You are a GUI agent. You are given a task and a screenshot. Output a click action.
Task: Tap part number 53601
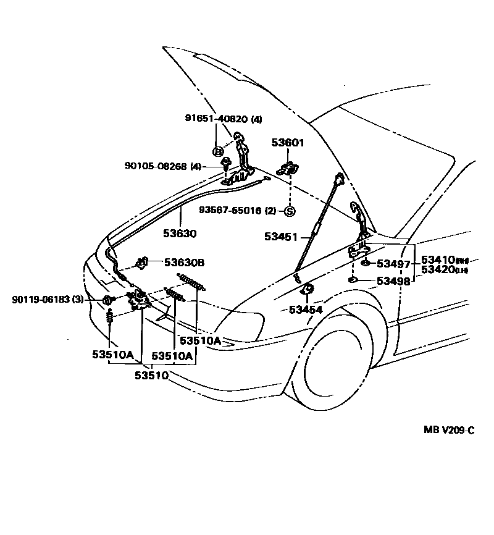coord(288,143)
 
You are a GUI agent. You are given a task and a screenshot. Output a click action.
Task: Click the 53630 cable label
coord(180,234)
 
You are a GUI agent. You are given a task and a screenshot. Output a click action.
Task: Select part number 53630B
coord(183,263)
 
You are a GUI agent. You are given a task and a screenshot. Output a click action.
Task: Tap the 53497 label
coord(393,264)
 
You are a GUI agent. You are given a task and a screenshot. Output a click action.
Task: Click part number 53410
coord(438,259)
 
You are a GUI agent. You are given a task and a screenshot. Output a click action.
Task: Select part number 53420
coord(438,270)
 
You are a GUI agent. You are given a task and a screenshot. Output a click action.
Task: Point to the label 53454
coord(306,309)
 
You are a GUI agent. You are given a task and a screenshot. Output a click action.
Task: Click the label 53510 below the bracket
coord(152,374)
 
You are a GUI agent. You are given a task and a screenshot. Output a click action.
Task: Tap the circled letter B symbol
coord(217,151)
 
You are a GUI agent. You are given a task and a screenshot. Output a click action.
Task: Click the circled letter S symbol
coord(290,211)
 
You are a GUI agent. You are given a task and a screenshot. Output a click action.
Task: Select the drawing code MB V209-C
coord(449,431)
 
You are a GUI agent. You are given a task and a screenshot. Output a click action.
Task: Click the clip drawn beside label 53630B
coord(141,263)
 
